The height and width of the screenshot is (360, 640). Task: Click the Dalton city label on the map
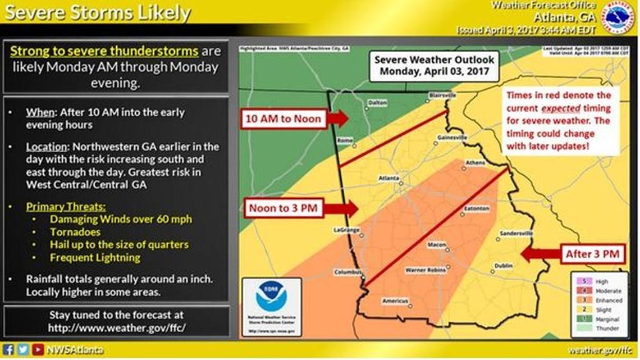tap(377, 102)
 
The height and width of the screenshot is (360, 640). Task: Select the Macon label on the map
tap(437, 245)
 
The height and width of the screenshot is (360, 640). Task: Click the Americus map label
tap(395, 302)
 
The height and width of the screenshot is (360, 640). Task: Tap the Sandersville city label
tap(515, 233)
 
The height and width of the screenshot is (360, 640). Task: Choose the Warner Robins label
tap(427, 270)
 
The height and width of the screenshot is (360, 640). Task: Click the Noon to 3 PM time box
tap(283, 208)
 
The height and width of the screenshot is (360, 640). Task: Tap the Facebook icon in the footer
tap(8, 350)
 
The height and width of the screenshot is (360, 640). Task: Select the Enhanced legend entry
tap(601, 300)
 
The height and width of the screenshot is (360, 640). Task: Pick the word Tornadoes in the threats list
tap(75, 231)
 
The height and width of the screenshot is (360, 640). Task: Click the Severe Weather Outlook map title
tap(435, 65)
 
